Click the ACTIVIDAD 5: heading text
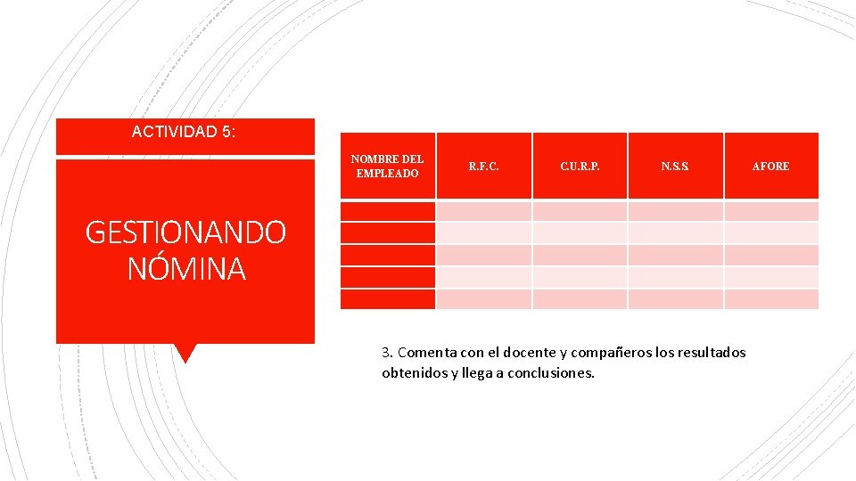coord(184,132)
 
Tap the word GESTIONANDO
coord(185,232)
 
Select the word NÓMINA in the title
coord(185,268)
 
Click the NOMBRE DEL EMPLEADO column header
coord(387,166)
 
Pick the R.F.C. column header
coord(484,166)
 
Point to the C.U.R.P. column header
coord(580,166)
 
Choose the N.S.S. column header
coord(675,166)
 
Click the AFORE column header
coord(770,166)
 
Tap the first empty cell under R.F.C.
coord(484,211)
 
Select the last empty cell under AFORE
coord(770,299)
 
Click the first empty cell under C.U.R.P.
coord(580,211)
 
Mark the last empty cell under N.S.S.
coord(675,299)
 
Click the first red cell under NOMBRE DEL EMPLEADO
coord(387,211)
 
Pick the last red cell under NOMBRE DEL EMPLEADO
coord(387,299)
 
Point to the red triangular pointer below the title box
coord(185,353)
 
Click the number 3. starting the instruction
coord(387,353)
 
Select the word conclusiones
coord(550,373)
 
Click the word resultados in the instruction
coord(712,353)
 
